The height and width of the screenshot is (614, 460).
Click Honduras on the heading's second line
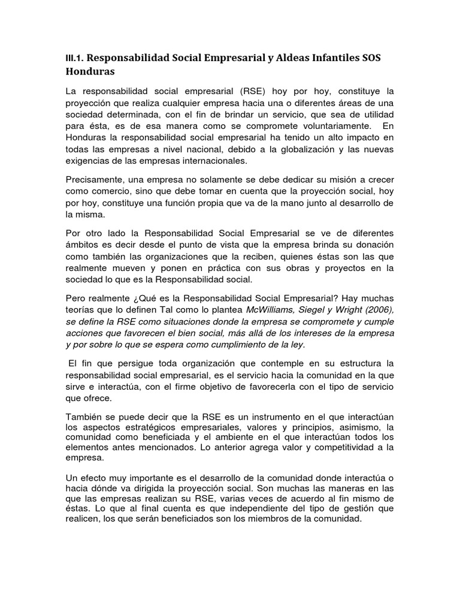click(x=90, y=71)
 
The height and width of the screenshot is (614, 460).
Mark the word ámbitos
click(x=83, y=245)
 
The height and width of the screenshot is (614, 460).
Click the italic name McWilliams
click(x=271, y=309)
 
